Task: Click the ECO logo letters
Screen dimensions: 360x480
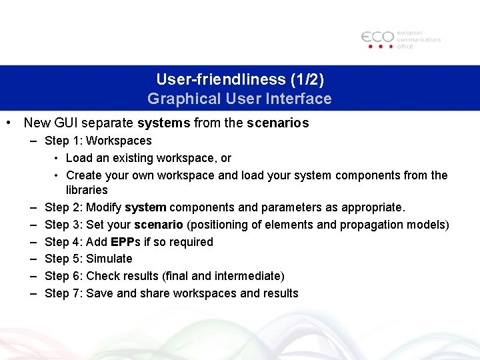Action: click(377, 37)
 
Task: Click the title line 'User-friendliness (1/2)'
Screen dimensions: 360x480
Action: click(240, 79)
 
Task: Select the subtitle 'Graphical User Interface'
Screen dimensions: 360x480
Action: click(239, 99)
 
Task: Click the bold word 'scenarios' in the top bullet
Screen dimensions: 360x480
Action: click(278, 123)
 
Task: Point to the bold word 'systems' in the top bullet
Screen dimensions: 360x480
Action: click(164, 123)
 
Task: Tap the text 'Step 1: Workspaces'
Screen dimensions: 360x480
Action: click(98, 141)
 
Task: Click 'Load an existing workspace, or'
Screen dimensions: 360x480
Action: click(149, 158)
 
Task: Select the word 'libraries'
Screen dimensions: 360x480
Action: click(87, 191)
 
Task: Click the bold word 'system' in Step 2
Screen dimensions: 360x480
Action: click(145, 208)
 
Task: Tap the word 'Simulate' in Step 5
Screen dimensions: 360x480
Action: click(109, 259)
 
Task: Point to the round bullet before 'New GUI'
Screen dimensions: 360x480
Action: click(8, 123)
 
